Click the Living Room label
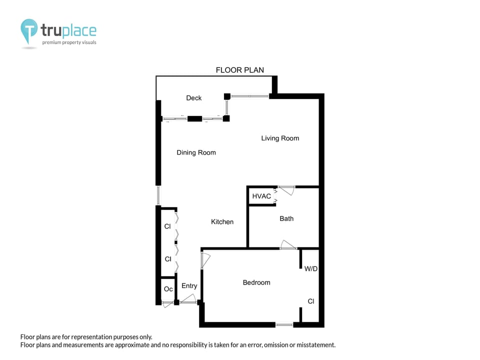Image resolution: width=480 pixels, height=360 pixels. click(x=280, y=138)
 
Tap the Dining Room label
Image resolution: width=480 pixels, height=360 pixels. click(x=196, y=152)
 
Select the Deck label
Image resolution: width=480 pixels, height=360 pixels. click(x=194, y=98)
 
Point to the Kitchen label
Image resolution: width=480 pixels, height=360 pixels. click(x=222, y=221)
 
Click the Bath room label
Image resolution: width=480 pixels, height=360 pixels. click(x=286, y=218)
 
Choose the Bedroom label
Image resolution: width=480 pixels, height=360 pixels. click(x=256, y=282)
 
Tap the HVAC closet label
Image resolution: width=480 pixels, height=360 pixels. click(x=261, y=196)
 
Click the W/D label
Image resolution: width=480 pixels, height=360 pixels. click(x=311, y=268)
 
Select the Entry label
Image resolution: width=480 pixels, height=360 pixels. click(x=189, y=285)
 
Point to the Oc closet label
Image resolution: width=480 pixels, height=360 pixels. click(x=168, y=289)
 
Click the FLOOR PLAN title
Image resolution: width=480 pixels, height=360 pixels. click(x=240, y=70)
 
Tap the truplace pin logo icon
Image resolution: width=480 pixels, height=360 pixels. click(x=29, y=30)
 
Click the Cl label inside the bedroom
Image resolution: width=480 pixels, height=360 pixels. click(x=311, y=301)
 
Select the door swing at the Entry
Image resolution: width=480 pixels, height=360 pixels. click(x=188, y=299)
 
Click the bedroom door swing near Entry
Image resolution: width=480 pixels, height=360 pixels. click(x=205, y=260)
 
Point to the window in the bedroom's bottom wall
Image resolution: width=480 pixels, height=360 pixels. click(x=284, y=325)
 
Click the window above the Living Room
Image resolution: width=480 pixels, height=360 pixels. click(x=249, y=95)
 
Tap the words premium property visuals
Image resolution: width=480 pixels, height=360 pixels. click(x=69, y=42)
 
